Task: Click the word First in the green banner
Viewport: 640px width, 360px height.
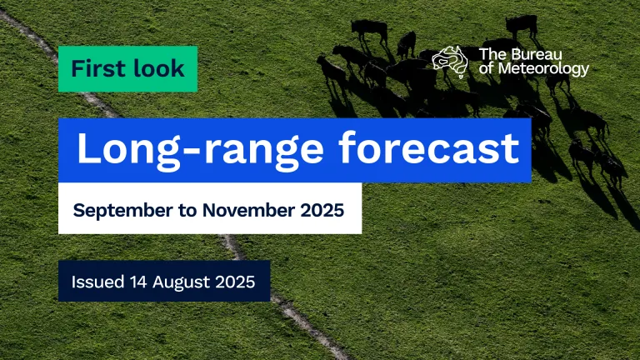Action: point(97,68)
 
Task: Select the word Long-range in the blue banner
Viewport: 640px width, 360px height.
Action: point(200,149)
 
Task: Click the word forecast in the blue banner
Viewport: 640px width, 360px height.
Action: point(429,147)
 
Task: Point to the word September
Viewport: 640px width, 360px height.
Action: point(122,211)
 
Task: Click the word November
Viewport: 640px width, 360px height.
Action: point(248,210)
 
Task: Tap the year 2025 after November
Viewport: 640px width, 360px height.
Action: point(322,210)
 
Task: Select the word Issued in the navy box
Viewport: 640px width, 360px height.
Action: point(97,282)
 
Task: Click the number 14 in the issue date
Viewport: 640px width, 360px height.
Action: point(138,282)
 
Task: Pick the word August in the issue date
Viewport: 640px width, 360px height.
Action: point(181,282)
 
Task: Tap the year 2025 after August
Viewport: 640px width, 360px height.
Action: point(235,282)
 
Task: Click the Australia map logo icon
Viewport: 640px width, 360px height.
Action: point(450,62)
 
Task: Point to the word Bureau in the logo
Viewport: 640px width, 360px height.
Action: point(536,54)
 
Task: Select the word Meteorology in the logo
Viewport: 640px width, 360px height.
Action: point(543,68)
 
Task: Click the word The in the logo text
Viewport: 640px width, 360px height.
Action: point(492,54)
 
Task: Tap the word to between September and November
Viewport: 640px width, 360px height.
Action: point(187,211)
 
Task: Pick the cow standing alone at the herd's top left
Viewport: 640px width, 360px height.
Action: point(369,31)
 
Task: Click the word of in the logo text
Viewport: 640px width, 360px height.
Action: point(487,68)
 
